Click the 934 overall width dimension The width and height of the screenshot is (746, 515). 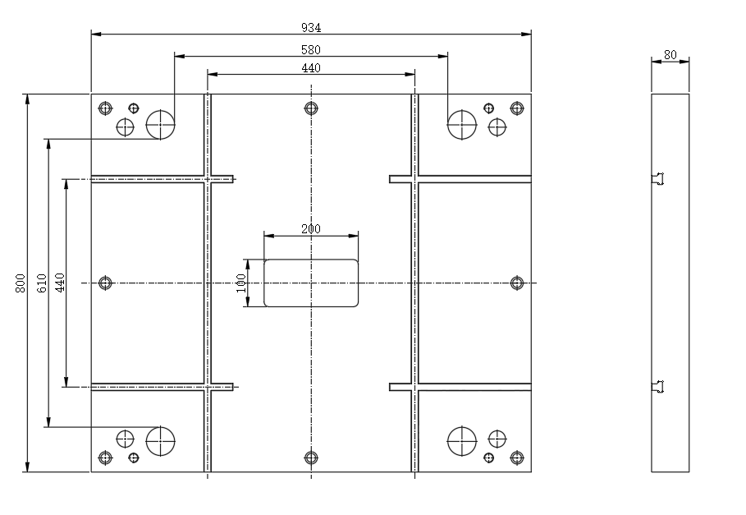point(311,28)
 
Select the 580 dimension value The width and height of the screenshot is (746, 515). point(311,49)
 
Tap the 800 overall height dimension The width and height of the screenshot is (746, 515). point(20,283)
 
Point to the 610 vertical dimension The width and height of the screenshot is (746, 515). point(41,283)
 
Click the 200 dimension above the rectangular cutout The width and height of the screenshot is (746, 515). point(311,228)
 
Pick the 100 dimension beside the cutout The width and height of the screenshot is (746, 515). point(240,283)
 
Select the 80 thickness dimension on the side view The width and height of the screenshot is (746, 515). point(670,55)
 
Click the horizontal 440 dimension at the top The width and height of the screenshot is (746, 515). point(311,68)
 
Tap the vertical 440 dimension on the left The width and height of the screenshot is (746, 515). point(59,283)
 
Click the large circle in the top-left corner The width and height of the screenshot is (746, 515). point(160,110)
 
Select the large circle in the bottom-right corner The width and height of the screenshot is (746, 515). point(462,426)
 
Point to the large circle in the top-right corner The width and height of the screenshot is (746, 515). point(462,110)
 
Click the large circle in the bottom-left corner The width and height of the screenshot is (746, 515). point(160,426)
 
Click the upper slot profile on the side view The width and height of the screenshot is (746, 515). point(658,179)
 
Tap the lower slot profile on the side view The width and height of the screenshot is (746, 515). point(658,386)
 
